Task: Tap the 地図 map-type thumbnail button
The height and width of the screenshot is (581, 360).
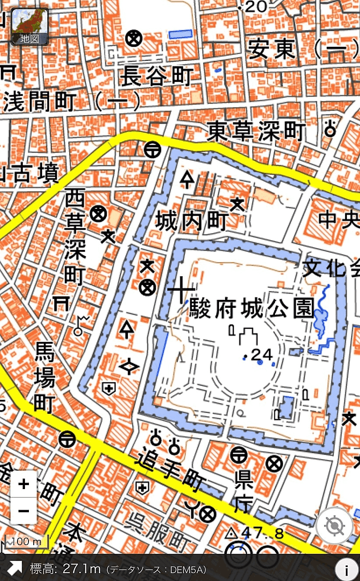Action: point(29,27)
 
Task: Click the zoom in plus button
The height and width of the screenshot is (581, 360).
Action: point(24,484)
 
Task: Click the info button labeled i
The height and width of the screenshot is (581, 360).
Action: point(346,570)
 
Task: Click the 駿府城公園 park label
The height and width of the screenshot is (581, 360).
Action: point(252,309)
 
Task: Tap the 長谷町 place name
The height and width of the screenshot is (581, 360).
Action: point(156,77)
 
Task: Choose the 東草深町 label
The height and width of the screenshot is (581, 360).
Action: point(256,131)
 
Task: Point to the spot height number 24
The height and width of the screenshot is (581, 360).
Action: point(262,353)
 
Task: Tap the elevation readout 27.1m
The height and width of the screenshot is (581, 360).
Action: point(82,569)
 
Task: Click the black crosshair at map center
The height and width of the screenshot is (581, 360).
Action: point(181,289)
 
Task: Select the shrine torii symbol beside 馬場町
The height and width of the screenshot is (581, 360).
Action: point(60,303)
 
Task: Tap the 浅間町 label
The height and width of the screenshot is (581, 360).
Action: point(39,102)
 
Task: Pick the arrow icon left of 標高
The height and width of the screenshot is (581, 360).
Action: point(14,568)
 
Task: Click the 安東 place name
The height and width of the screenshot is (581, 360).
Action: point(272,49)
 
